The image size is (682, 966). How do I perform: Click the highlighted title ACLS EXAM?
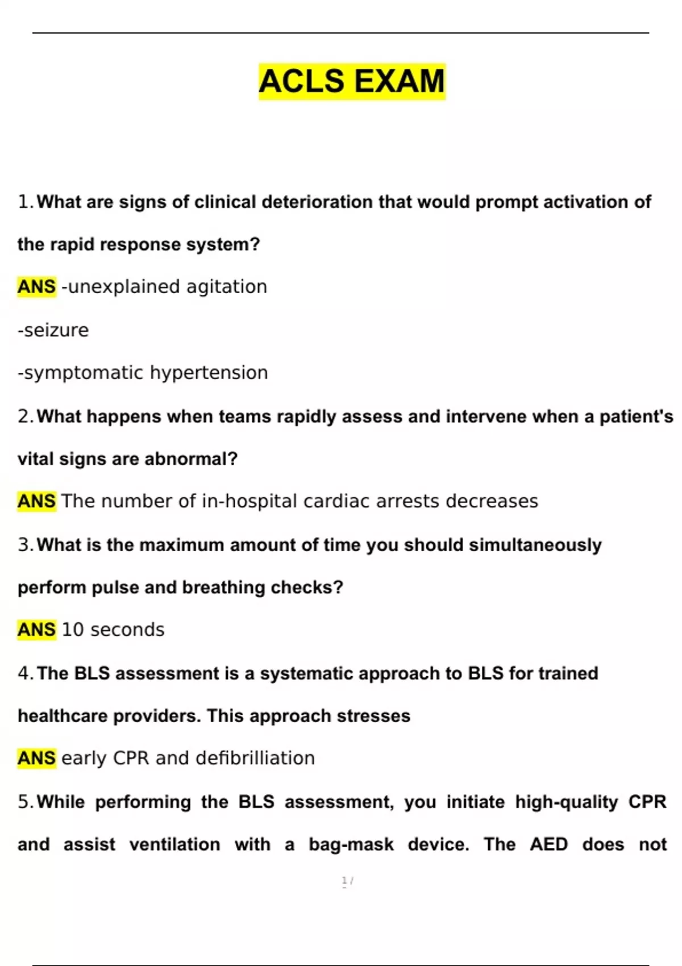pos(352,81)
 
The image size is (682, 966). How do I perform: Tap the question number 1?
pos(25,202)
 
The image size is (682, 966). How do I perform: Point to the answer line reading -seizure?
pos(53,330)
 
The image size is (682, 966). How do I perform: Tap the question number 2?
pos(25,417)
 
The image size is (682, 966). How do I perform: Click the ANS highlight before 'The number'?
pos(37,501)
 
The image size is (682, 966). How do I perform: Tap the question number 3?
pos(25,545)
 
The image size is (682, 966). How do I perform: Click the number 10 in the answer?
pos(73,630)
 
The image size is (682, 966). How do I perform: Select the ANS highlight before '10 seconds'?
pos(37,630)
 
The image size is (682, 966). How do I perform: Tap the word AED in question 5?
pos(548,844)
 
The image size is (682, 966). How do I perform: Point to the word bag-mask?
pos(351,844)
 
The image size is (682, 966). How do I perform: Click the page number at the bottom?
pos(347,881)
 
